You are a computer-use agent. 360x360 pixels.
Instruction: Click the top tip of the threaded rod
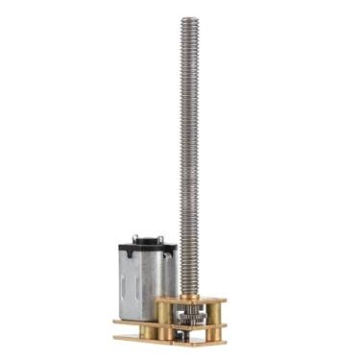click(x=187, y=19)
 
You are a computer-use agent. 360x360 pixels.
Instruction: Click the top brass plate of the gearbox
click(x=192, y=300)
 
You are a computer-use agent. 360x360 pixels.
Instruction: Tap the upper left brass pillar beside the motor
click(x=164, y=312)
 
